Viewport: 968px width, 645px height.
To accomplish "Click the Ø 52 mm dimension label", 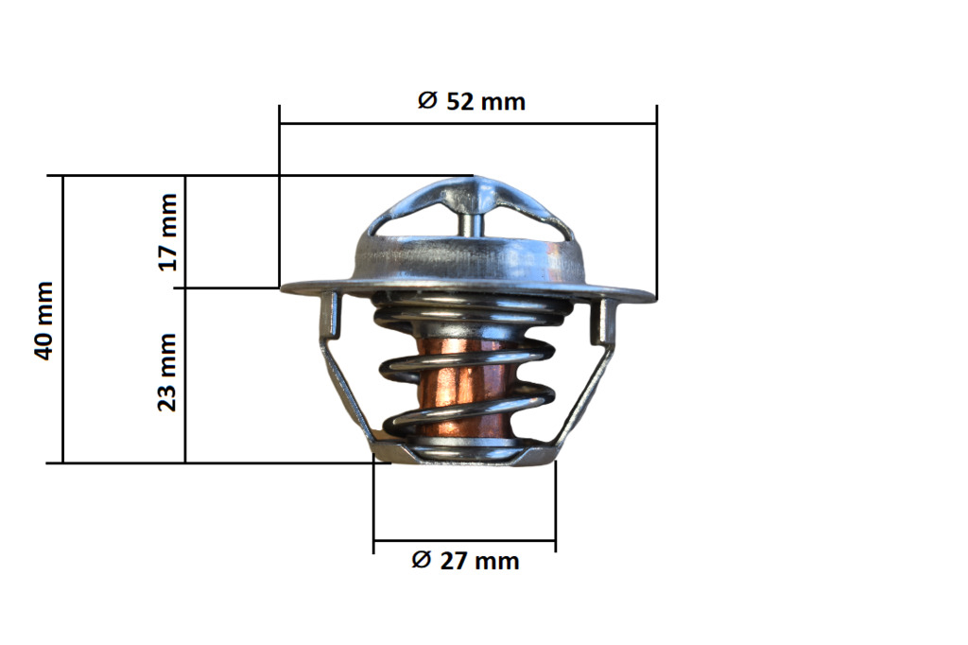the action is coord(471,101).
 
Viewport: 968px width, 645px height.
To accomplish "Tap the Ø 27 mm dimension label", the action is coord(465,561).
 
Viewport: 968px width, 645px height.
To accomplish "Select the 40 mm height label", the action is coord(44,320).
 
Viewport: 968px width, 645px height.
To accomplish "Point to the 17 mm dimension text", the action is coord(167,233).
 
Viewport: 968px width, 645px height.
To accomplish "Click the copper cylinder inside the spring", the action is coord(464,390).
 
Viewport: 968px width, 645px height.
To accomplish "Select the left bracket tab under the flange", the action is coord(332,315).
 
